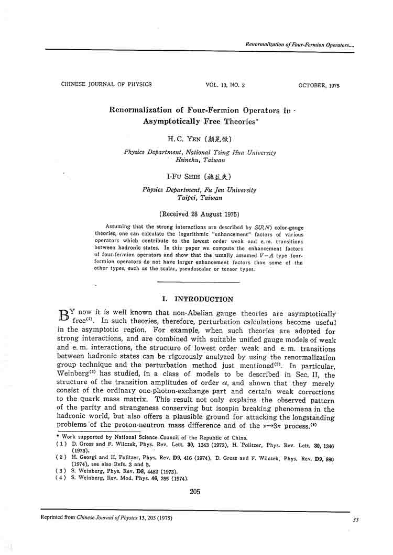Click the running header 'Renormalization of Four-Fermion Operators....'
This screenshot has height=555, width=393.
coord(300,45)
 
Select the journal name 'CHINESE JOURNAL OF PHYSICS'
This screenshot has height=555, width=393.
coord(106,84)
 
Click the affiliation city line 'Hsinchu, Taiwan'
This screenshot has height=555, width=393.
coord(200,160)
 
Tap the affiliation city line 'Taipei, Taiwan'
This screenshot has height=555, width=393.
coord(200,198)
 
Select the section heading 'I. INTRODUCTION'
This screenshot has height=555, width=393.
coord(198,299)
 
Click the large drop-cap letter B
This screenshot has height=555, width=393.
coord(63,316)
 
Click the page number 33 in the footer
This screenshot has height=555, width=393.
coord(356,519)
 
